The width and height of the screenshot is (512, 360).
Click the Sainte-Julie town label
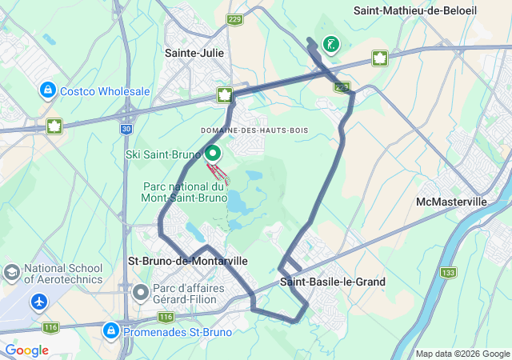point(194,53)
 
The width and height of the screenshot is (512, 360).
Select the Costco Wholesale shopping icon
point(47,90)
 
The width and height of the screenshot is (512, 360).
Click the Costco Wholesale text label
point(105,91)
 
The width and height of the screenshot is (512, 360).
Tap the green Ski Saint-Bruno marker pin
point(213,153)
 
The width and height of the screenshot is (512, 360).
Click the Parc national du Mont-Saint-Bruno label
point(182,191)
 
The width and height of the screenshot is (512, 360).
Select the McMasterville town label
point(451,202)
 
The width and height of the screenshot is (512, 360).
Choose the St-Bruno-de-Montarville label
point(188,261)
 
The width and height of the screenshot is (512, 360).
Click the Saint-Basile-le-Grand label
point(332,282)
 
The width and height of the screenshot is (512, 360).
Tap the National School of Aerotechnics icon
point(13,274)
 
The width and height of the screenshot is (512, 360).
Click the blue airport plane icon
point(39,302)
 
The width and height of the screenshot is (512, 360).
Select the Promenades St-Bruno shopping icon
point(112,330)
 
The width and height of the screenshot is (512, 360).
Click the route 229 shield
point(234,20)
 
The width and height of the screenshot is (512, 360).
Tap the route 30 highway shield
point(126,128)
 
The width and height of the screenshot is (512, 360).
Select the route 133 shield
point(449,273)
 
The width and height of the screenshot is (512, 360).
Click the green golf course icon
point(330,44)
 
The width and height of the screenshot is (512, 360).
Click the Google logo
point(26,350)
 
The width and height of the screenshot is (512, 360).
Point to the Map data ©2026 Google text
point(462,354)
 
